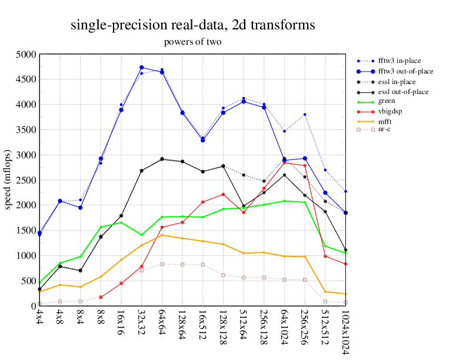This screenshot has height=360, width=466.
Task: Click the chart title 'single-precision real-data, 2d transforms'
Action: click(x=192, y=25)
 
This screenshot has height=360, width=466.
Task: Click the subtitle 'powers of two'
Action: click(x=192, y=42)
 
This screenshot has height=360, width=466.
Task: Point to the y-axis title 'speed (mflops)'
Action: click(x=8, y=180)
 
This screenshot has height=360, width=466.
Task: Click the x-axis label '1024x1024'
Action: click(x=345, y=329)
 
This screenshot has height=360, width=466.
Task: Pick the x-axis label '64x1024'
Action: click(x=284, y=325)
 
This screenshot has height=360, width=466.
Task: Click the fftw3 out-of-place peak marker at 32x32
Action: click(x=142, y=68)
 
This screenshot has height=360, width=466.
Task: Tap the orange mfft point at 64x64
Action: click(x=162, y=235)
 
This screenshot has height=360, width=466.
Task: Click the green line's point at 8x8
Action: click(x=101, y=227)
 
